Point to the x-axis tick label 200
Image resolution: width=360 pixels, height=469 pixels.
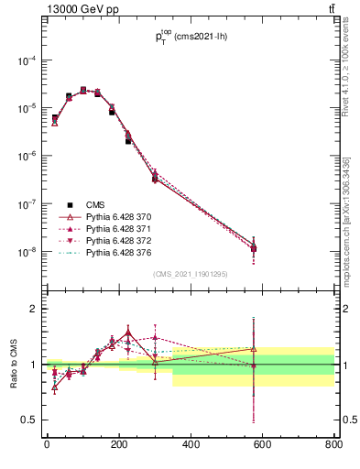(x=119, y=445)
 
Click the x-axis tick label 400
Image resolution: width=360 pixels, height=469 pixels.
(x=191, y=445)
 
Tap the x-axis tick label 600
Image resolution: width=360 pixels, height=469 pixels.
(x=263, y=445)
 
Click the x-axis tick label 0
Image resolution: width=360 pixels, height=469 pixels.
(x=47, y=445)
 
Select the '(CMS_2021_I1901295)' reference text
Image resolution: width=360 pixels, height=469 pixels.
(x=190, y=275)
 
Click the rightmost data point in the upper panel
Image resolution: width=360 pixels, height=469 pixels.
(x=254, y=248)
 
